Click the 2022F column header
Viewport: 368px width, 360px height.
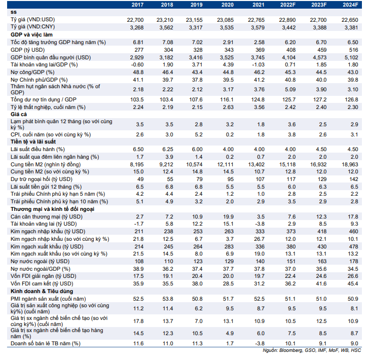click(288, 5)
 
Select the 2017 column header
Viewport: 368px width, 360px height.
click(137, 5)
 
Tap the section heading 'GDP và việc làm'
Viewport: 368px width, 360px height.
click(31, 35)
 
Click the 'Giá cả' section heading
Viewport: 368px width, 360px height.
click(19, 115)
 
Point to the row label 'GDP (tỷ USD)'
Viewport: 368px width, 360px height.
click(27, 50)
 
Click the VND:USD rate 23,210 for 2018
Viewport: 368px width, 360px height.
click(165, 20)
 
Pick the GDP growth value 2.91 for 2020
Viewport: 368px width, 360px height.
click(228, 42)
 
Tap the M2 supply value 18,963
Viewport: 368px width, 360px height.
click(350, 164)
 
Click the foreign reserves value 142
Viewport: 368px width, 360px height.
click(354, 179)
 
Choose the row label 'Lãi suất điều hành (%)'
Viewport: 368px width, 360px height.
click(38, 150)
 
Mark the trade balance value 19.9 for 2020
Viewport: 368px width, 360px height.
click(229, 217)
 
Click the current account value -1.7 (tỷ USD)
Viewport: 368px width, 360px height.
click(139, 224)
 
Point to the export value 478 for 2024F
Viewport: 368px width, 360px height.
click(353, 246)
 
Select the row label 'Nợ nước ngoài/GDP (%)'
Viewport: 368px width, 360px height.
click(41, 269)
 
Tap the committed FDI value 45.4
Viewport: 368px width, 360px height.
click(353, 283)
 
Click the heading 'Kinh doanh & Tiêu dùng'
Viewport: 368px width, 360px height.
click(42, 292)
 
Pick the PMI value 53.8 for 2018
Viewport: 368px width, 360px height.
click(168, 299)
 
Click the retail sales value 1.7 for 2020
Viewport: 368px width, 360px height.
click(230, 344)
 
